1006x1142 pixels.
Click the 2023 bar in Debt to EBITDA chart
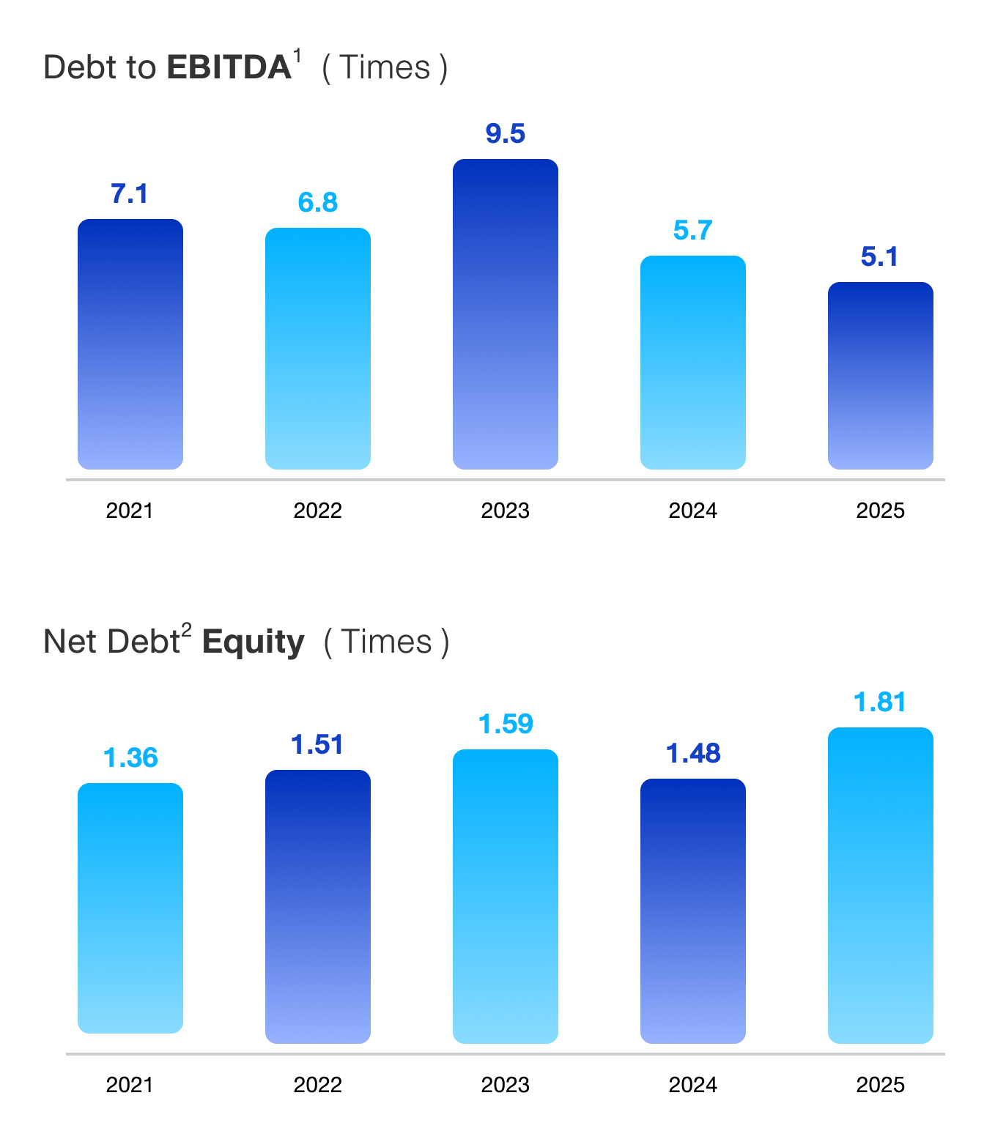(x=505, y=314)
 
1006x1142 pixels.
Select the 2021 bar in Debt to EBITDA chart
(x=130, y=344)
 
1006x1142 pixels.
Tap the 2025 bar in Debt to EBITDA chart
(x=880, y=376)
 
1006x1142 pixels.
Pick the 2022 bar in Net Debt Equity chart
(x=317, y=907)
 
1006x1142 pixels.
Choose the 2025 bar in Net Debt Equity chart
(x=880, y=886)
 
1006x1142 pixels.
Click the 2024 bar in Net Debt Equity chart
(x=692, y=911)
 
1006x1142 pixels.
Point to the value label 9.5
(x=505, y=134)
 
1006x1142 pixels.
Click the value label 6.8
(x=317, y=203)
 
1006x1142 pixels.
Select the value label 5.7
(x=692, y=231)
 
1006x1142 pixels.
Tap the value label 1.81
(x=880, y=702)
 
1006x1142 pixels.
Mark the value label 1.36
(x=130, y=758)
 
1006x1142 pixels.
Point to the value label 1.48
(x=692, y=754)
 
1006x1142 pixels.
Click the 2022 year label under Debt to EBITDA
(x=317, y=511)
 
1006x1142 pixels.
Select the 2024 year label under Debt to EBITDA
(x=692, y=511)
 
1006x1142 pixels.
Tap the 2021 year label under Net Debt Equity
(x=130, y=1085)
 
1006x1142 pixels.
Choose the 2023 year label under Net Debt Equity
(x=505, y=1085)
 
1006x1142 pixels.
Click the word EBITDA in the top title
(x=229, y=68)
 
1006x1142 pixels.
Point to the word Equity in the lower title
(x=253, y=642)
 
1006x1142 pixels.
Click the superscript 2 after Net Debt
(x=187, y=630)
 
